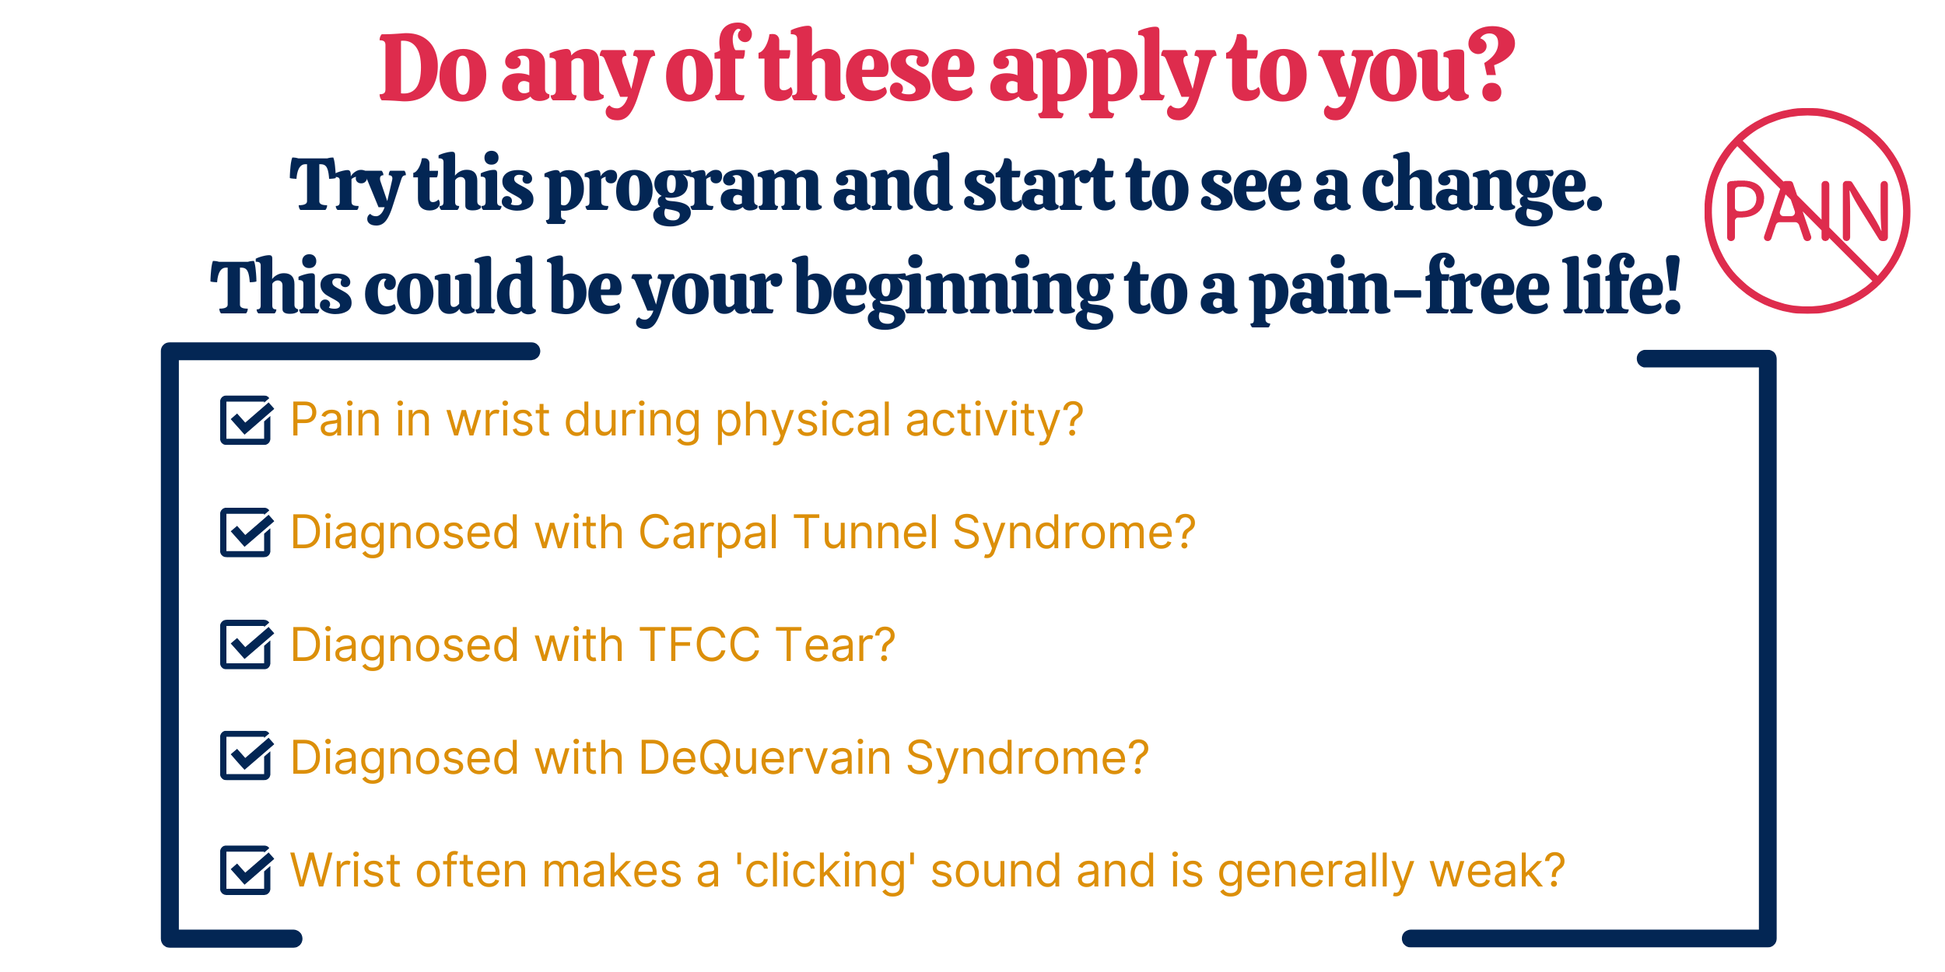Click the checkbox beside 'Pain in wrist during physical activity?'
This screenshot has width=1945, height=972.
point(246,420)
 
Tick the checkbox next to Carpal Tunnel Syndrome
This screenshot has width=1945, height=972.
point(246,533)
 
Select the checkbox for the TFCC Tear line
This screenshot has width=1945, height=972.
point(246,645)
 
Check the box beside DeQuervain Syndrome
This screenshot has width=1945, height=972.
point(246,756)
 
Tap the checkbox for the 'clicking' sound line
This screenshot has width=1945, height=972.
point(246,870)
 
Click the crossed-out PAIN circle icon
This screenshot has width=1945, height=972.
point(1807,211)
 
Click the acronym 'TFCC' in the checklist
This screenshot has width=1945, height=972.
point(699,645)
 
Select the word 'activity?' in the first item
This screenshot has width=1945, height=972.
point(994,421)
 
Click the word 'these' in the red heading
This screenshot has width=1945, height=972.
point(867,67)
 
